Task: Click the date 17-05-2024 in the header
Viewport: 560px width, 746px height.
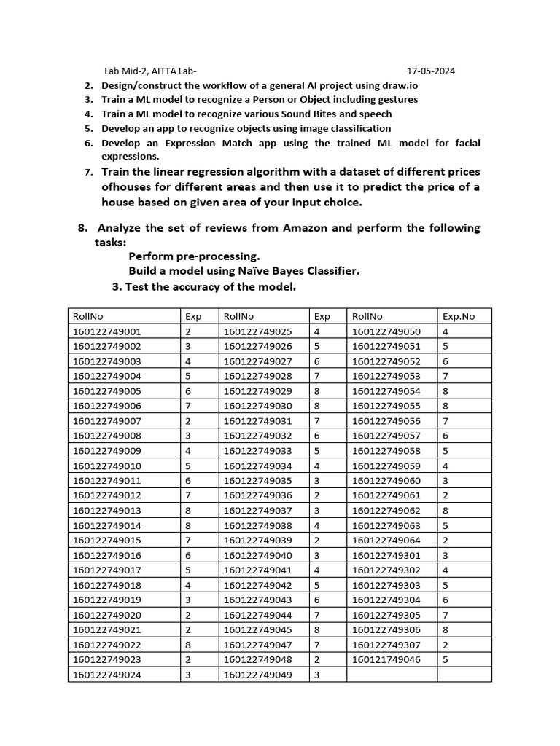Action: pos(431,71)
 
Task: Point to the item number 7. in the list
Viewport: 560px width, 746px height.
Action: pos(87,173)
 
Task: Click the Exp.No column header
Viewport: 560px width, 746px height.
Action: pos(458,316)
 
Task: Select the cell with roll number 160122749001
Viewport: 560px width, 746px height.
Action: pos(107,331)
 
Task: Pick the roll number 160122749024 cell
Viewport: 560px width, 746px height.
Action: pos(107,675)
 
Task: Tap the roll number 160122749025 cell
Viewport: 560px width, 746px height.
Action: pos(257,331)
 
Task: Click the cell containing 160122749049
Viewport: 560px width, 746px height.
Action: pos(257,675)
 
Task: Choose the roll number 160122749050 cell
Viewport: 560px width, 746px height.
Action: pos(386,331)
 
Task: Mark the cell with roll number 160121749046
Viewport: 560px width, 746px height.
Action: pos(386,660)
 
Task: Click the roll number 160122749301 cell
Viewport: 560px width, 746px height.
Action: pos(386,555)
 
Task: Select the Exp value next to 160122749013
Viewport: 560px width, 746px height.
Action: pos(188,511)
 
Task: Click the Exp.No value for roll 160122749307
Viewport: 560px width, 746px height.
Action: pos(445,645)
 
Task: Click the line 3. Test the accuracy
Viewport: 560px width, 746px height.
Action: pos(204,287)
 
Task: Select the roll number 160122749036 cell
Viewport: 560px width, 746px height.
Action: pos(257,495)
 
